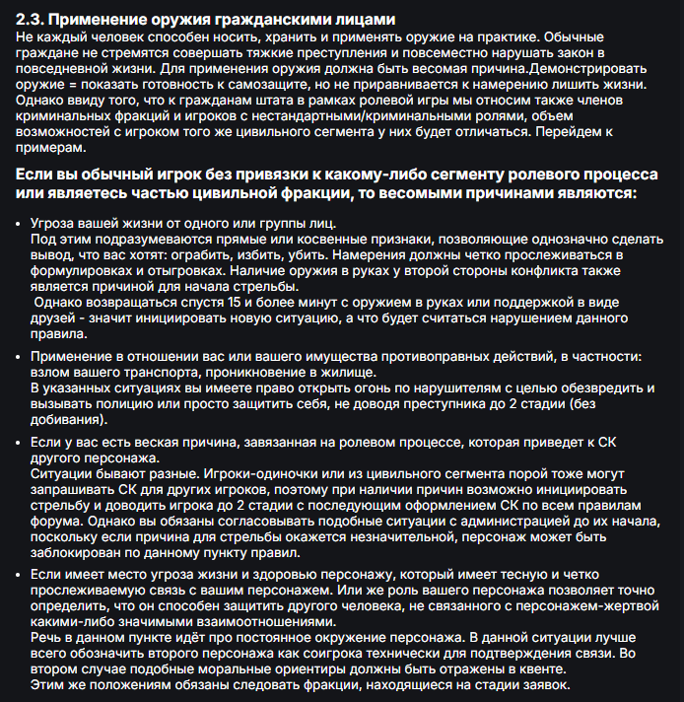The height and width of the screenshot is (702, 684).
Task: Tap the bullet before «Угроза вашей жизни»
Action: pos(22,223)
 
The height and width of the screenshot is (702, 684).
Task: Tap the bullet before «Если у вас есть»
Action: pos(22,445)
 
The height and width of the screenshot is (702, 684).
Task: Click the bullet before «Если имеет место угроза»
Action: pos(22,577)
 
